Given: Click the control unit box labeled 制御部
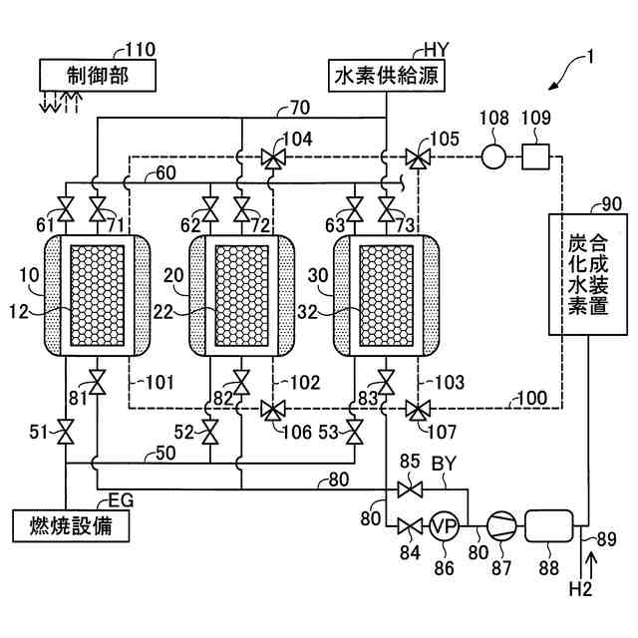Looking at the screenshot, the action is click(x=98, y=76).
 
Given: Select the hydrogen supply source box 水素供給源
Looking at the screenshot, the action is click(x=387, y=76).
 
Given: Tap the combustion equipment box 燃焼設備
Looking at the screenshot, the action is click(x=71, y=525).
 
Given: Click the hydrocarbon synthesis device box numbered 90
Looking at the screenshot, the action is click(x=588, y=274).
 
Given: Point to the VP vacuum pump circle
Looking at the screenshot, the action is click(x=445, y=525).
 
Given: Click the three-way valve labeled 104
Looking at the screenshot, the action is click(x=273, y=159).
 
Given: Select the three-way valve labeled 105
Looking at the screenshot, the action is click(x=418, y=159).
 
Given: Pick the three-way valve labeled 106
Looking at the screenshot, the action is click(x=273, y=410).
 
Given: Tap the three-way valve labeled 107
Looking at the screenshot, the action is click(x=418, y=410).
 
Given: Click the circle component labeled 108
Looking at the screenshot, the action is click(x=494, y=157).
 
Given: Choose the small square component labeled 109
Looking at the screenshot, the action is click(x=535, y=157).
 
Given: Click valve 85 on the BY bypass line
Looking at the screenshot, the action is click(x=410, y=489).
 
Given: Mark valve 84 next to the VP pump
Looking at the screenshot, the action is click(x=410, y=526).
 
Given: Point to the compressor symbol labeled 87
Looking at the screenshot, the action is click(x=501, y=525).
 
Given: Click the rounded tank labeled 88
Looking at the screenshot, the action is click(x=549, y=525).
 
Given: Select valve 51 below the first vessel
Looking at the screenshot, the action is click(x=66, y=432).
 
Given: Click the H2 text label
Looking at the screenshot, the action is click(x=580, y=589).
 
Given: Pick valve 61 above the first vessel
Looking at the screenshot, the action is click(x=66, y=209).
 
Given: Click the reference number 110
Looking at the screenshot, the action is click(x=140, y=50).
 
